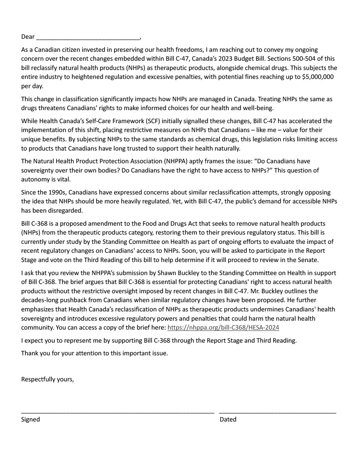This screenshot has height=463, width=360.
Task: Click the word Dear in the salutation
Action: click(28, 37)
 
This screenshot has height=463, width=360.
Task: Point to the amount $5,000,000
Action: click(317, 77)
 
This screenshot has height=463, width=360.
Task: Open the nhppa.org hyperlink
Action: click(223, 328)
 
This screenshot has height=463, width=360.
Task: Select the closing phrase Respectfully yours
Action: click(47, 379)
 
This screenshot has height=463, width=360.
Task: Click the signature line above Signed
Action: click(118, 412)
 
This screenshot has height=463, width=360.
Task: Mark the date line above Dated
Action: click(277, 412)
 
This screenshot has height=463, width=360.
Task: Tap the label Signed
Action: click(31, 419)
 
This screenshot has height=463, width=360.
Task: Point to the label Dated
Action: click(228, 419)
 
